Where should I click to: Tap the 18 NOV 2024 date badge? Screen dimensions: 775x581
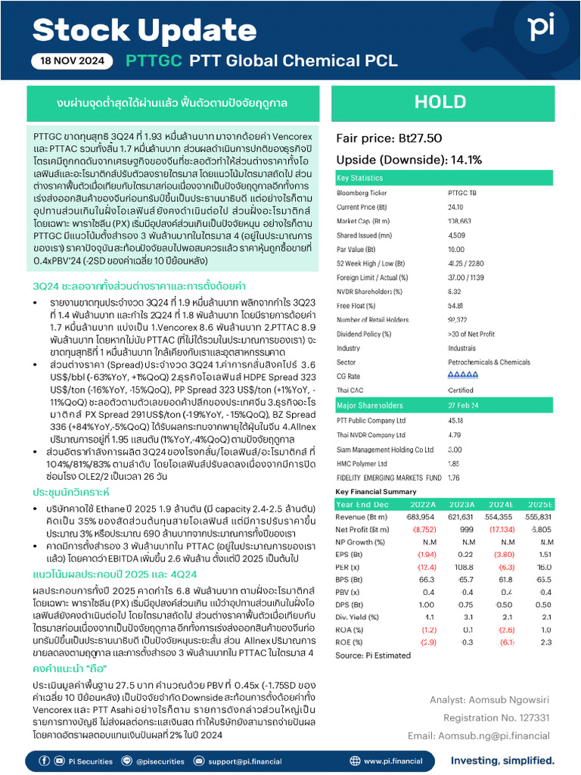(73, 61)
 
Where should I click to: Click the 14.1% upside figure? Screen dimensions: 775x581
(465, 160)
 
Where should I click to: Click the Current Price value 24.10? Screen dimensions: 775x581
(455, 207)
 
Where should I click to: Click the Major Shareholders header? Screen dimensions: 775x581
(368, 405)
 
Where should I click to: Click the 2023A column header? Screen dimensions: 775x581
(462, 504)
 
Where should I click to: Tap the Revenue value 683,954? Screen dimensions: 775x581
(421, 517)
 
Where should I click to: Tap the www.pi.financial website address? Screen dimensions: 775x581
(393, 761)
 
